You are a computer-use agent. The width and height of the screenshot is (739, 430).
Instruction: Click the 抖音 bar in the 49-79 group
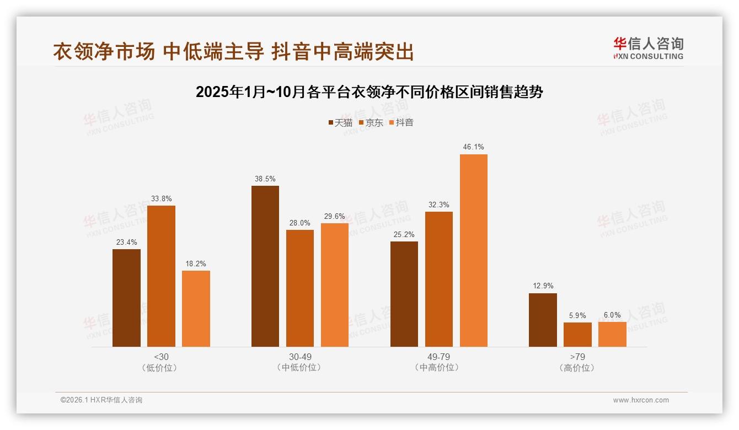pos(473,250)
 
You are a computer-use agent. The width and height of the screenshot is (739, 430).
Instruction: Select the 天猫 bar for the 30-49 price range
pos(265,266)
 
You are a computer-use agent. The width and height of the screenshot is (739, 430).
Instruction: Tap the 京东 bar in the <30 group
pos(161,276)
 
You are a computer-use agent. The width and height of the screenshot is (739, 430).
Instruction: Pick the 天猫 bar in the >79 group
pos(543,320)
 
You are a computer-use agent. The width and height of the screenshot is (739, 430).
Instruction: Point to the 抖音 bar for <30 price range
pos(196,308)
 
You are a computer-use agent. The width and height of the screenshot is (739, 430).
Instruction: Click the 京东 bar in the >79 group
pos(577,335)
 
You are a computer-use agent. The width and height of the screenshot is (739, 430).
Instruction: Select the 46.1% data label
pos(473,147)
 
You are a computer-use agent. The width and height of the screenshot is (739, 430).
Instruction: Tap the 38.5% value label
pos(265,179)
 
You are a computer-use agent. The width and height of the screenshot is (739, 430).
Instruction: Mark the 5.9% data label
pos(577,316)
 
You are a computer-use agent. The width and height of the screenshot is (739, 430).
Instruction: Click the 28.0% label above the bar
pos(300,223)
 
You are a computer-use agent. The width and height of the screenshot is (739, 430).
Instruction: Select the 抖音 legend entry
pos(401,123)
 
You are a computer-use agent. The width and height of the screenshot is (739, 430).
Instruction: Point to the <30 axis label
pos(161,357)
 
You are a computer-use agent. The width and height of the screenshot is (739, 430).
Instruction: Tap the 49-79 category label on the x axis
pos(438,357)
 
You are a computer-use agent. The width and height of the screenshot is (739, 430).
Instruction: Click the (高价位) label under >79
pos(577,368)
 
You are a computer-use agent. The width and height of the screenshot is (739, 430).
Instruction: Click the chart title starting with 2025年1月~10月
pos(369,92)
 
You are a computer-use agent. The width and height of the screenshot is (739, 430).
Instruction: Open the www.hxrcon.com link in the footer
pos(641,400)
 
